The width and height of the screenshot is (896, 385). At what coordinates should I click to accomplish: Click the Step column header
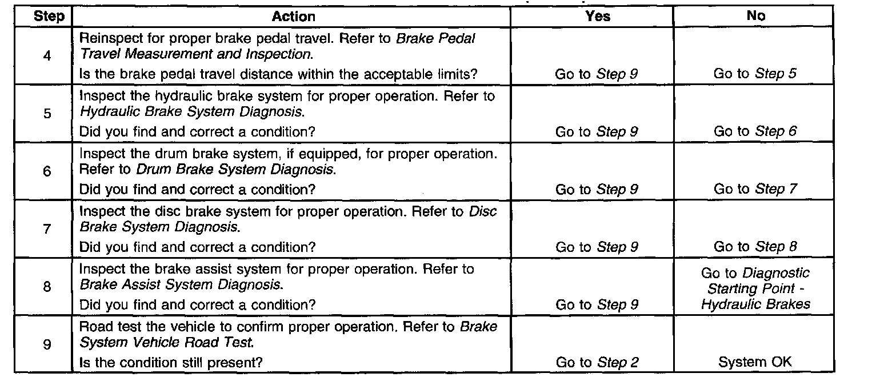49,16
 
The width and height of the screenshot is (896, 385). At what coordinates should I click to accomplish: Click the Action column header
293,16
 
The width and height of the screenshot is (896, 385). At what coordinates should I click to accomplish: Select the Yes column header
598,16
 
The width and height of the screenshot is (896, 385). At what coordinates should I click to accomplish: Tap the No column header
755,16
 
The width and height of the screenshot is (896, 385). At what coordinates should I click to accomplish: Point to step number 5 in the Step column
46,114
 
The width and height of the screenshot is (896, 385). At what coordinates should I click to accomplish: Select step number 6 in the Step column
46,171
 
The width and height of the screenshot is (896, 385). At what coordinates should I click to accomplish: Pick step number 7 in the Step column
46,229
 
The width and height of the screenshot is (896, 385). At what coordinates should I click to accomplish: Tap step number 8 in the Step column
46,287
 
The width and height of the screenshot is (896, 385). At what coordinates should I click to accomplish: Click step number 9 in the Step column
46,344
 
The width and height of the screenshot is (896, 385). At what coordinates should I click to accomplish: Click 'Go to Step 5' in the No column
755,74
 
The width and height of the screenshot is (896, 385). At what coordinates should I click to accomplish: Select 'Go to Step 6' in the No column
755,131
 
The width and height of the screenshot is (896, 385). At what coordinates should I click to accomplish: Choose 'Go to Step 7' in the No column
755,189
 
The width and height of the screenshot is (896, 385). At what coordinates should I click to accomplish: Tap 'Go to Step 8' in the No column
755,247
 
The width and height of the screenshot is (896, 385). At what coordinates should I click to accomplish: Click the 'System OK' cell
755,362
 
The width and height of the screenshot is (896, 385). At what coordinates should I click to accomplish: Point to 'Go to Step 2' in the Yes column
597,362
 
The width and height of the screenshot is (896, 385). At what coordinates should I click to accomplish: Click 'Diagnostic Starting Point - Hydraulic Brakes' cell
755,289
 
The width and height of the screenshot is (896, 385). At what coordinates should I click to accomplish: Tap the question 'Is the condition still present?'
171,362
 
